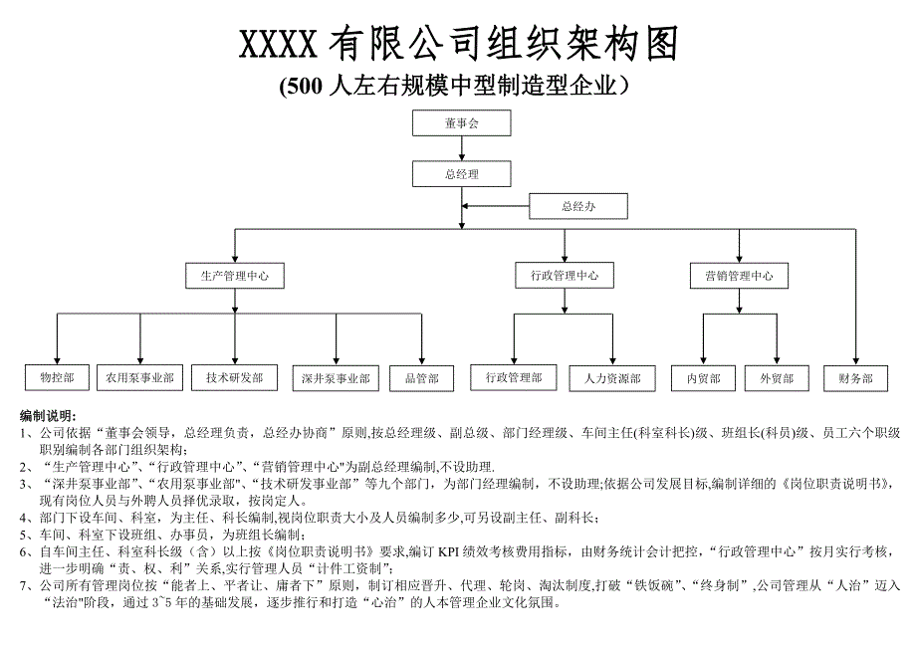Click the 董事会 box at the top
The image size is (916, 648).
point(462,123)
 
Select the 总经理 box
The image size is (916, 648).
point(462,173)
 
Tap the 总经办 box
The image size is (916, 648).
point(578,207)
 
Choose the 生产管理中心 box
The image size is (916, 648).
point(235,276)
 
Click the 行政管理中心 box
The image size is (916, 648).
point(565,276)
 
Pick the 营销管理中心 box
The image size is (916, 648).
point(739,276)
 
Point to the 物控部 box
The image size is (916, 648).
point(57,378)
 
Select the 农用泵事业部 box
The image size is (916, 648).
point(138,378)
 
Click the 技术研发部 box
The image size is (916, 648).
point(235,378)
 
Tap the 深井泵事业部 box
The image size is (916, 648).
point(336,378)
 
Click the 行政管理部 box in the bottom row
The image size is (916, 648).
point(514,377)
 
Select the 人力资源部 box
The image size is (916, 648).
point(612,378)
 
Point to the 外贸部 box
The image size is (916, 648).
point(776,378)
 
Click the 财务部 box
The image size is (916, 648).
point(856,378)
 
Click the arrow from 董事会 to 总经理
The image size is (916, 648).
point(462,148)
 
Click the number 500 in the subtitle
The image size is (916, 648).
point(304,88)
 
